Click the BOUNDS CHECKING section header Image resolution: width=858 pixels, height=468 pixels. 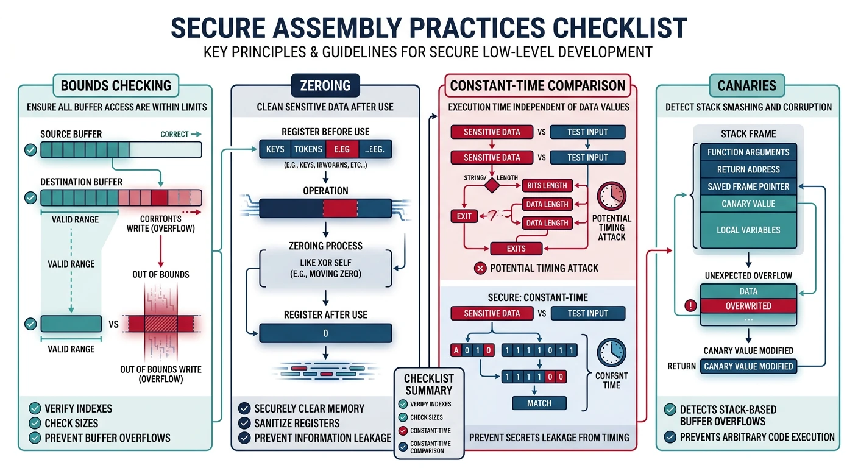point(116,85)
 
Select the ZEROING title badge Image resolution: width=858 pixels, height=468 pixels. point(325,85)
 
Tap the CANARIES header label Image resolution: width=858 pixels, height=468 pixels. point(746,85)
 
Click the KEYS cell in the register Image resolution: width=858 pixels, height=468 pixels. point(275,149)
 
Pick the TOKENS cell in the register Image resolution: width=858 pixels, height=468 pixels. point(308,149)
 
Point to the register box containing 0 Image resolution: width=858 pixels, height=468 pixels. point(325,333)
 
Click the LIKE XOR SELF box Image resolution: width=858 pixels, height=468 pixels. point(325,268)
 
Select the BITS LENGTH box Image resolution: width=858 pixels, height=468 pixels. point(547,185)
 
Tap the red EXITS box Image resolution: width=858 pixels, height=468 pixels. point(516,248)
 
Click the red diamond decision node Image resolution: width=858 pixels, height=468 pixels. point(491,185)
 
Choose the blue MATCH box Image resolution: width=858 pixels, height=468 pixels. point(539,403)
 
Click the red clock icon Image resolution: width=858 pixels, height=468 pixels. point(611,196)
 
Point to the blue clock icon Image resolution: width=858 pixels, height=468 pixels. point(611,353)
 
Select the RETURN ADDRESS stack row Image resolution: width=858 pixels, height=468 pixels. point(748,169)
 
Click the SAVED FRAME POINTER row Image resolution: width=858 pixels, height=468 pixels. point(748,186)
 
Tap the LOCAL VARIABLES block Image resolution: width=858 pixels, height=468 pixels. point(748,230)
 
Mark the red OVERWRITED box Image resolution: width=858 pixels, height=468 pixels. point(748,306)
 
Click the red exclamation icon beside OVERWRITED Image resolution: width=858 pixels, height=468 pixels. point(690,306)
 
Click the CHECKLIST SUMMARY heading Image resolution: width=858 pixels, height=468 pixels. point(428,385)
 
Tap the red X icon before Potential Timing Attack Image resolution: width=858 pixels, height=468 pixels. point(480,268)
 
